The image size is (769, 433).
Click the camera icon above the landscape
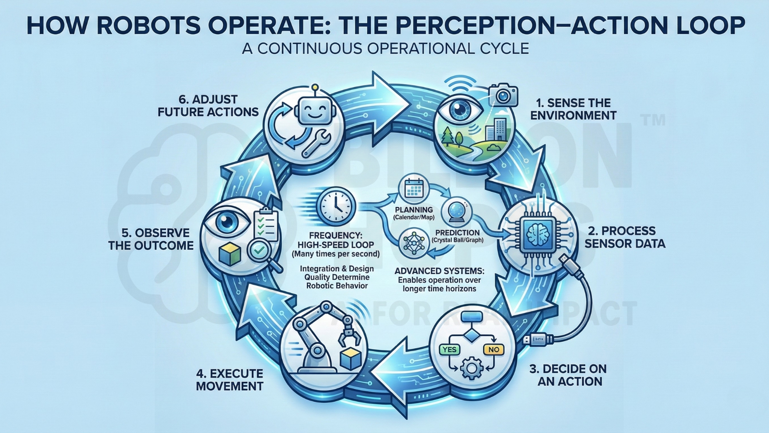click(x=503, y=95)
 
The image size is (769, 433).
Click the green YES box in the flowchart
click(x=449, y=350)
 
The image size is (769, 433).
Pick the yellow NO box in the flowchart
click(x=493, y=350)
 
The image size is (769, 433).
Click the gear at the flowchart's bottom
click(x=471, y=368)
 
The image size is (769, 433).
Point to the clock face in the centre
click(x=336, y=207)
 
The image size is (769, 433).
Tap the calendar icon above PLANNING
click(x=414, y=188)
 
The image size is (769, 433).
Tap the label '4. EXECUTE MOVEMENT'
click(x=229, y=380)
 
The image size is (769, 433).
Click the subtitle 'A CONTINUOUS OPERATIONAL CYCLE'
click(x=385, y=49)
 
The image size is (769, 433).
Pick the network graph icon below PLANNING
click(x=414, y=242)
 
